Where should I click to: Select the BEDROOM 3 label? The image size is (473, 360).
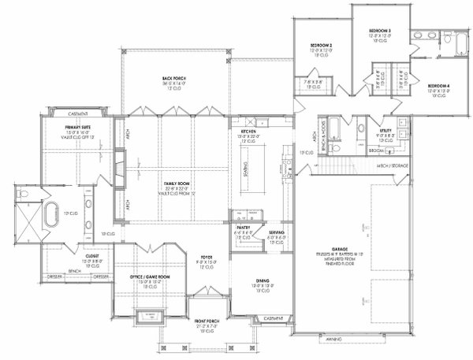click(x=380, y=31)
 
